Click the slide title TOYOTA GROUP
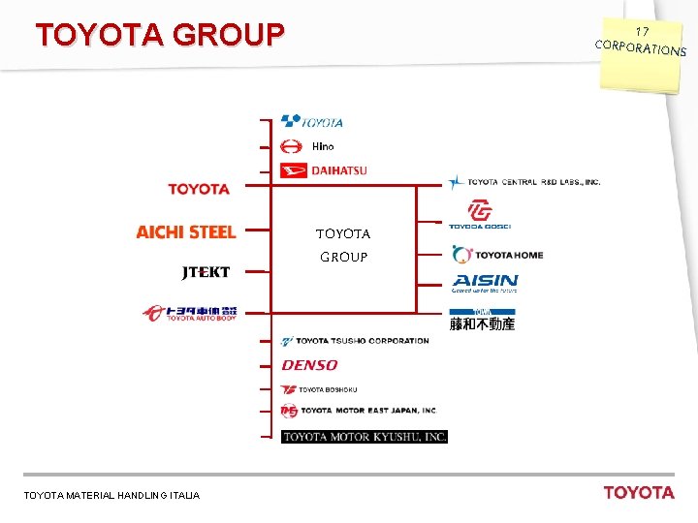[160, 36]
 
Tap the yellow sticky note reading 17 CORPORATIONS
[641, 43]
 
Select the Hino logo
[307, 146]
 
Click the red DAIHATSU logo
[324, 170]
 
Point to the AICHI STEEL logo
[186, 231]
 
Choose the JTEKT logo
[206, 272]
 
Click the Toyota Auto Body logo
[190, 313]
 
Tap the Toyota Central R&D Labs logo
[524, 181]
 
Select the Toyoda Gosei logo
[479, 214]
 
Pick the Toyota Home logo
[497, 255]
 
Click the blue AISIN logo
[485, 283]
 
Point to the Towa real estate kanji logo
[482, 321]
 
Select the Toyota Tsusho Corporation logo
[355, 341]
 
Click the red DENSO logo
[309, 365]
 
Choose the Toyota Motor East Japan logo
[359, 411]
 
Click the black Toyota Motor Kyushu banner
[365, 437]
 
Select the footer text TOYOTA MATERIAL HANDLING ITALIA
[111, 495]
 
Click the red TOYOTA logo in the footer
[638, 492]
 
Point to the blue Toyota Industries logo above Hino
[312, 121]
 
